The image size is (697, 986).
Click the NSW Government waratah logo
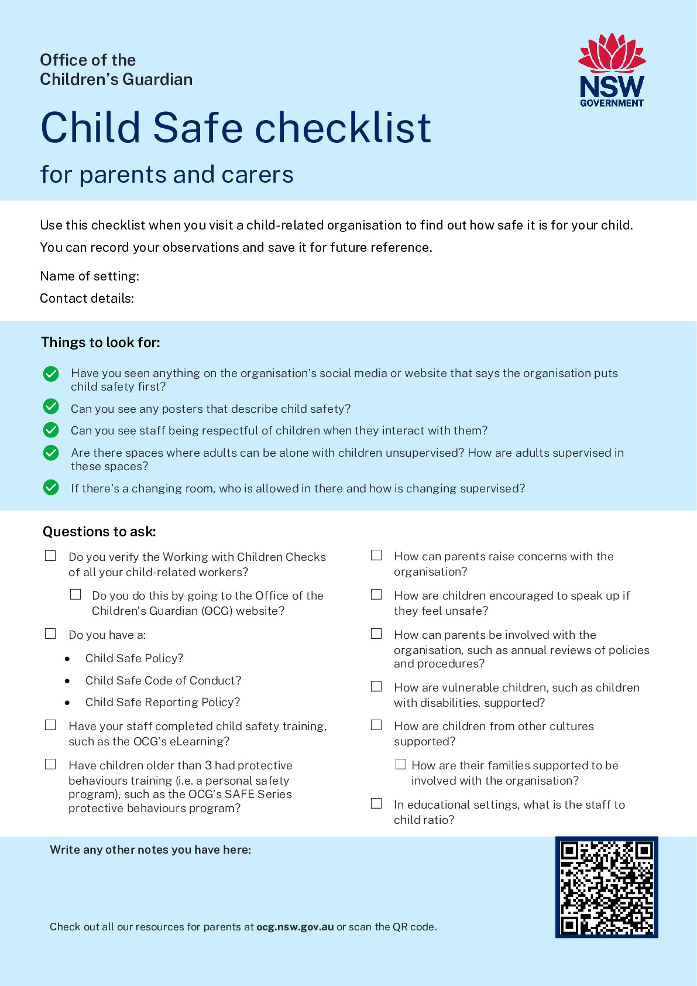612,70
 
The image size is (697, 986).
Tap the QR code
607,887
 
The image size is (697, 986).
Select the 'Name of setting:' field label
90,276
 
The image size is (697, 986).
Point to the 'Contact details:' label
87,298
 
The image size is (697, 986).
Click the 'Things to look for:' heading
101,343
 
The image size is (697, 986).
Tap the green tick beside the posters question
51,406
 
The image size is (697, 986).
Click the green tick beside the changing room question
51,487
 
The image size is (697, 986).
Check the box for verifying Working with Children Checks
51,556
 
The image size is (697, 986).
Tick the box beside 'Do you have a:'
51,634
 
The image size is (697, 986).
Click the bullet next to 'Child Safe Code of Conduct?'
68,681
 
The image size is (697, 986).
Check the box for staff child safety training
51,725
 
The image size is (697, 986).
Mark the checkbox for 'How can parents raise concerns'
376,555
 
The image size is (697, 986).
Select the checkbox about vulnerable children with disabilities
376,686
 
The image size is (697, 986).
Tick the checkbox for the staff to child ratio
376,803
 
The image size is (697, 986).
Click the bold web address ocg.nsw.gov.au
295,927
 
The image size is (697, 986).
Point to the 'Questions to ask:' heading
99,532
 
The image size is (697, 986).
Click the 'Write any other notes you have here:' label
150,850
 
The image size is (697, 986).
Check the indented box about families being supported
401,764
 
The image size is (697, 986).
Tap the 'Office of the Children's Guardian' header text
116,70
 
